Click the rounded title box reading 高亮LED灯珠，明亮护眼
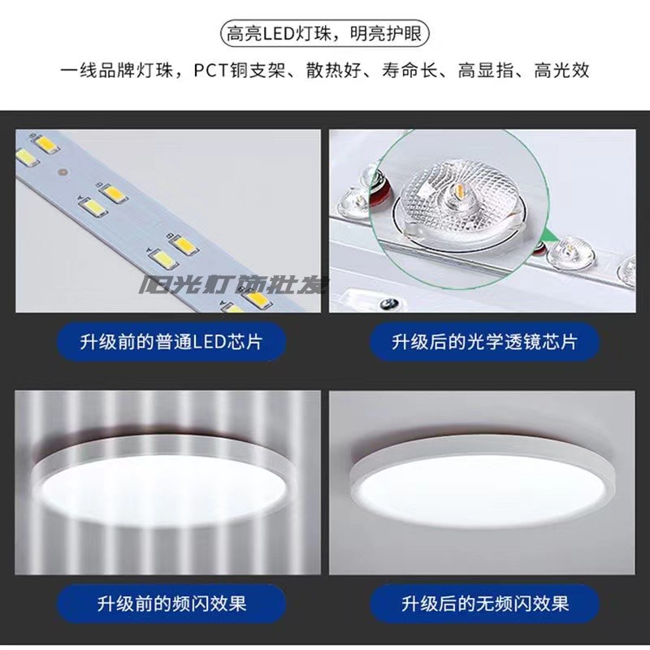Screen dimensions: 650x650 pos(324,33)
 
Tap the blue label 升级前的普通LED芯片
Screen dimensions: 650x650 pos(171,342)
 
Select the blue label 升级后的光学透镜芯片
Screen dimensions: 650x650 pos(484,342)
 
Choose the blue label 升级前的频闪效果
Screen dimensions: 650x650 pos(171,604)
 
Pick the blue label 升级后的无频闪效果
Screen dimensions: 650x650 pos(484,604)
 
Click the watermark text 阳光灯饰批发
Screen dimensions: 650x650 pos(234,285)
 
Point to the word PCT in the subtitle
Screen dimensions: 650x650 pos(211,71)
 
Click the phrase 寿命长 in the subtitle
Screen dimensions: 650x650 pos(409,71)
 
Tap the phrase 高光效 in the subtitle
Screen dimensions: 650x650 pos(561,71)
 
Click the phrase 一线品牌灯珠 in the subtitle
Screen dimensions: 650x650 pos(116,71)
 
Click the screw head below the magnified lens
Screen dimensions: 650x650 pos(389,302)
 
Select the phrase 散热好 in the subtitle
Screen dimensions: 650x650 pos(334,71)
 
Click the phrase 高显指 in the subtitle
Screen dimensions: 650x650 pos(485,71)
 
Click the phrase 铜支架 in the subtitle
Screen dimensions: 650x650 pos(258,71)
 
